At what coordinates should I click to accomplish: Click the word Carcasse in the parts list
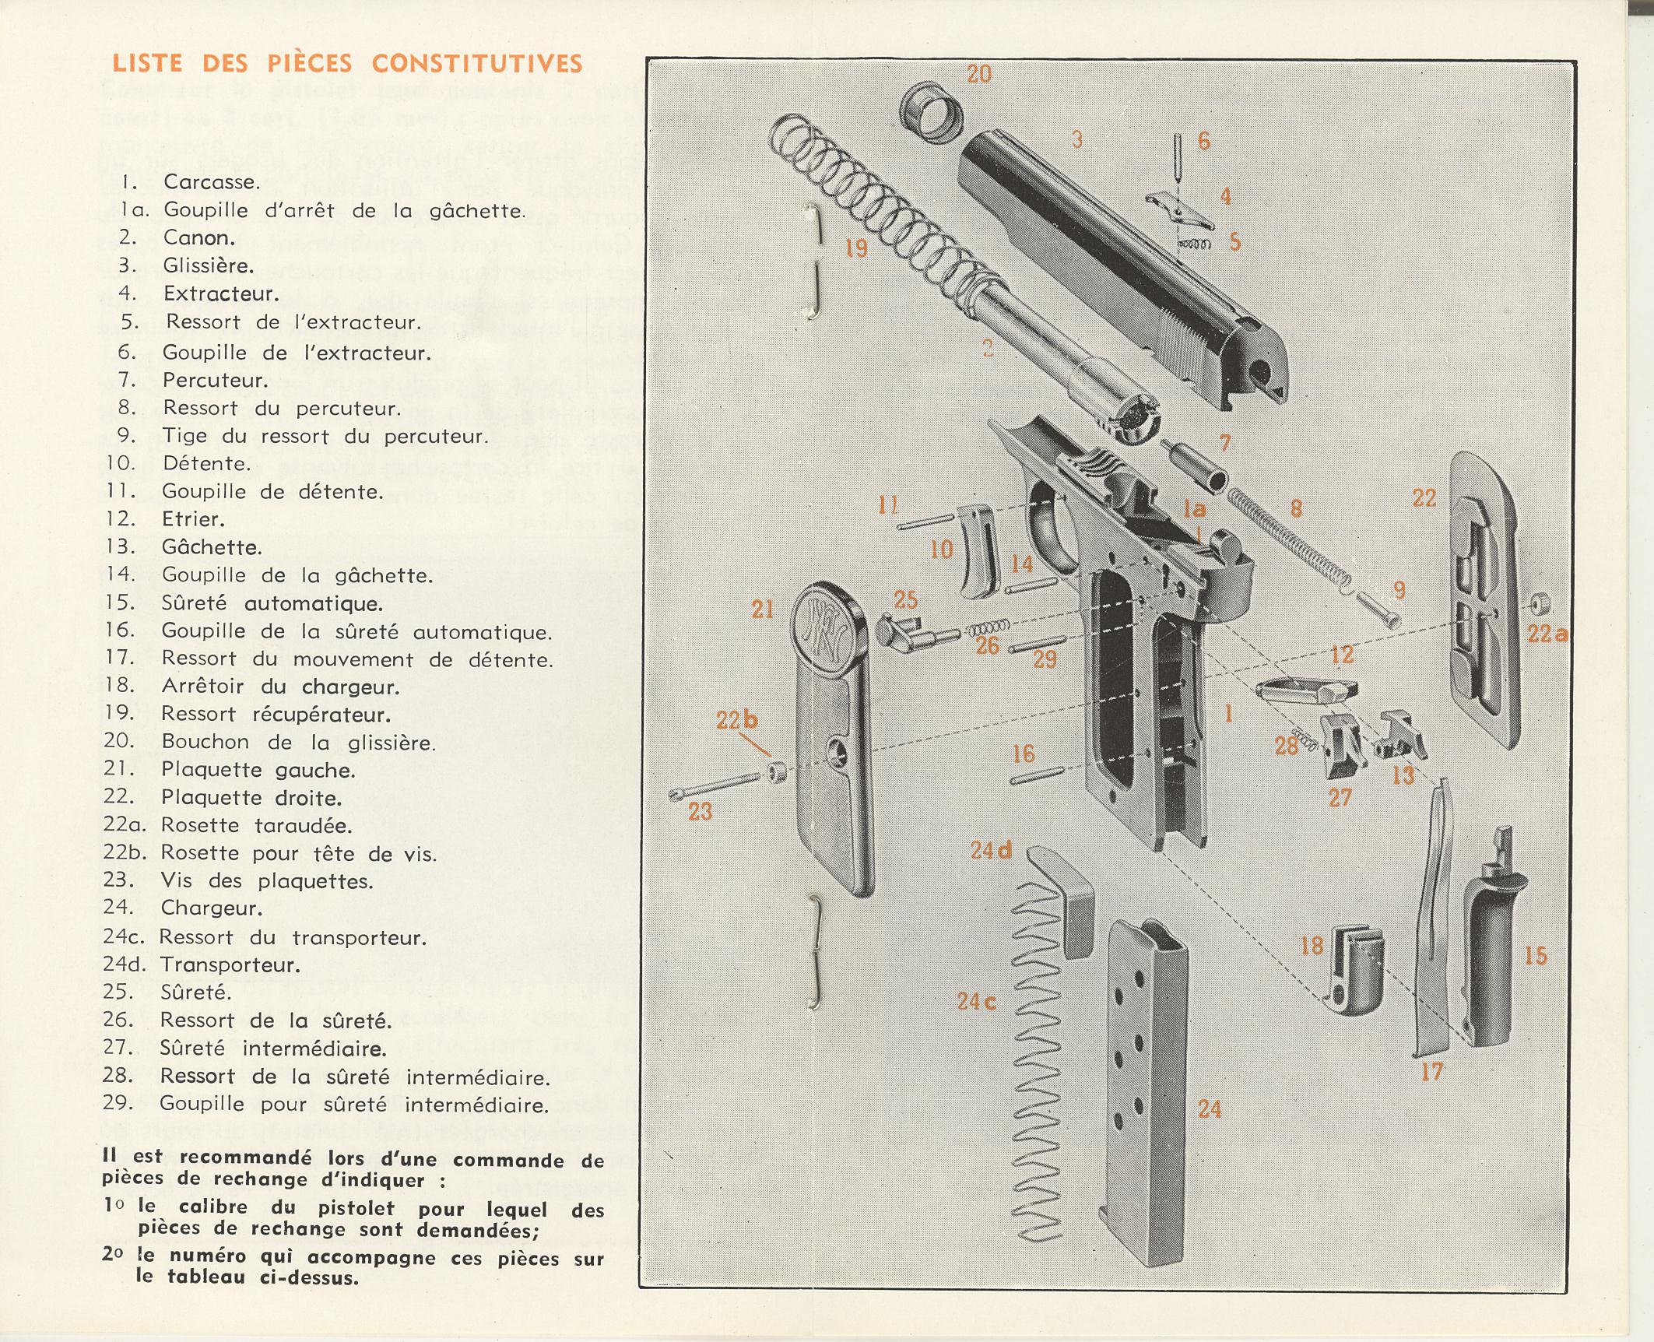[x=211, y=182]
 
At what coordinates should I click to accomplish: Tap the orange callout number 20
[x=979, y=74]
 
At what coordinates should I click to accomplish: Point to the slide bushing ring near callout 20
[x=931, y=112]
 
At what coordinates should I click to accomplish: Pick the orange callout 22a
[x=1547, y=634]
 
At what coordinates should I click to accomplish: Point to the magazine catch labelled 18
[x=1354, y=974]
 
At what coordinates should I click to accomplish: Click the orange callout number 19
[x=856, y=248]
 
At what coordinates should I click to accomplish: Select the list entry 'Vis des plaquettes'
[x=266, y=881]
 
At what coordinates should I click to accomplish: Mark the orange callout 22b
[x=736, y=720]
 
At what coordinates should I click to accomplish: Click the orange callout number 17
[x=1432, y=1072]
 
